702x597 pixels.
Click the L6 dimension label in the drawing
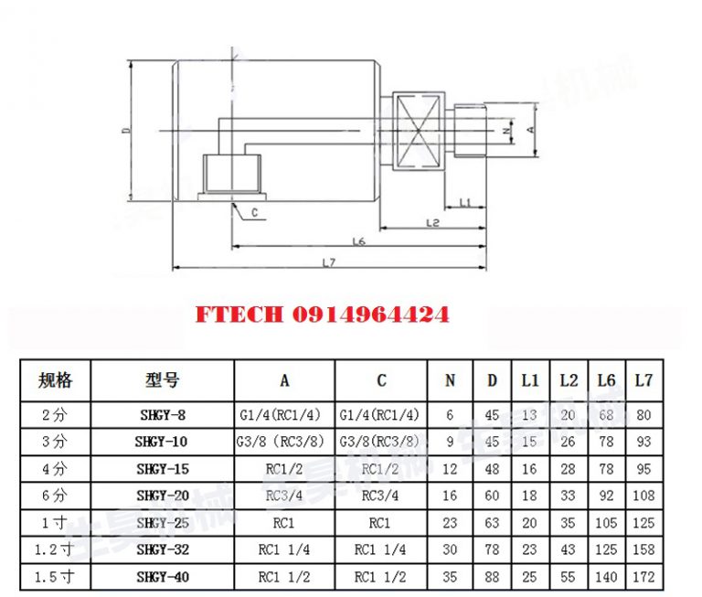[x=358, y=241]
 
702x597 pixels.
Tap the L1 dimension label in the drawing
[x=464, y=201]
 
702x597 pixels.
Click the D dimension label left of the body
[x=126, y=132]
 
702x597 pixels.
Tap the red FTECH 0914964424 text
[x=322, y=315]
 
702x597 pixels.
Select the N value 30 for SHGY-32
[x=450, y=550]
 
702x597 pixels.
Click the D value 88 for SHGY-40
[x=492, y=578]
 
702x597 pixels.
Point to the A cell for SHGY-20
[x=284, y=496]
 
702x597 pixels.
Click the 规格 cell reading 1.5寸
[x=55, y=578]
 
